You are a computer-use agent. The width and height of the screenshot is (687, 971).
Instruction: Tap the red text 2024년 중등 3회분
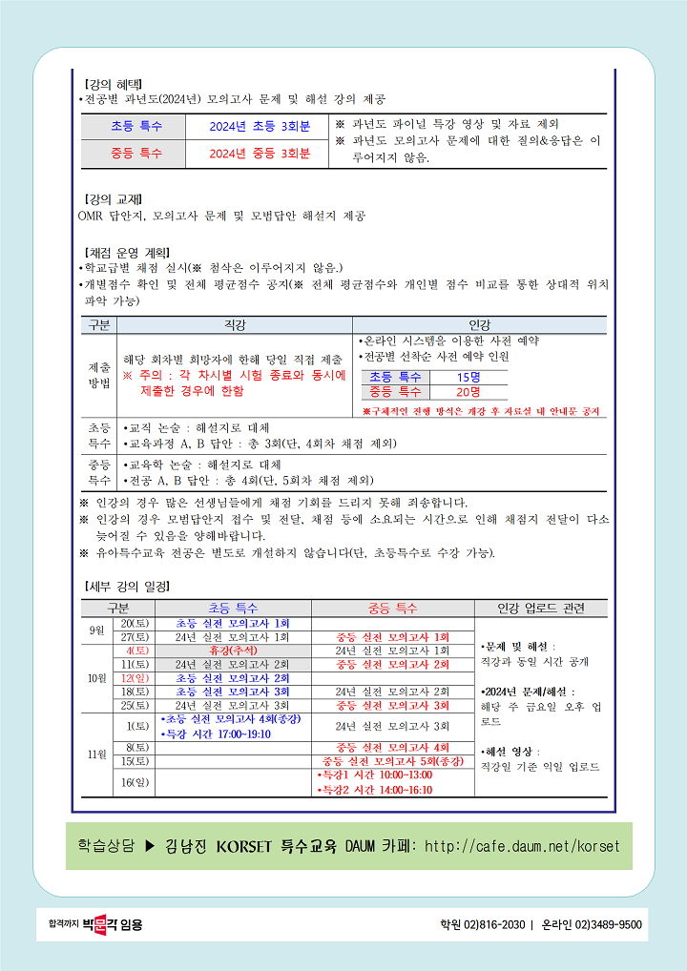pyautogui.click(x=260, y=153)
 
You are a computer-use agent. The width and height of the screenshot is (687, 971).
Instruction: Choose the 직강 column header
pyautogui.click(x=234, y=325)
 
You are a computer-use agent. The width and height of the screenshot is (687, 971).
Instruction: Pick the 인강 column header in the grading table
pyautogui.click(x=479, y=325)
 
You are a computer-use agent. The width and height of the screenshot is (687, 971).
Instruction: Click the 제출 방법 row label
pyautogui.click(x=99, y=374)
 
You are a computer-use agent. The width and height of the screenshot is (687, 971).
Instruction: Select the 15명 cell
pyautogui.click(x=468, y=377)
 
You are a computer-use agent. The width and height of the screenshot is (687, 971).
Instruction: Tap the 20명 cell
pyautogui.click(x=468, y=392)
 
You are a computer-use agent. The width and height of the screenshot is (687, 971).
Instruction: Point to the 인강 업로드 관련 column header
pyautogui.click(x=540, y=608)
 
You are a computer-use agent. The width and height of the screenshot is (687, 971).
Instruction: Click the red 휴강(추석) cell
pyautogui.click(x=233, y=651)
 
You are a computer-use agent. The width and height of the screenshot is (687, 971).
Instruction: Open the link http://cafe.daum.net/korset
pyautogui.click(x=521, y=846)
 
